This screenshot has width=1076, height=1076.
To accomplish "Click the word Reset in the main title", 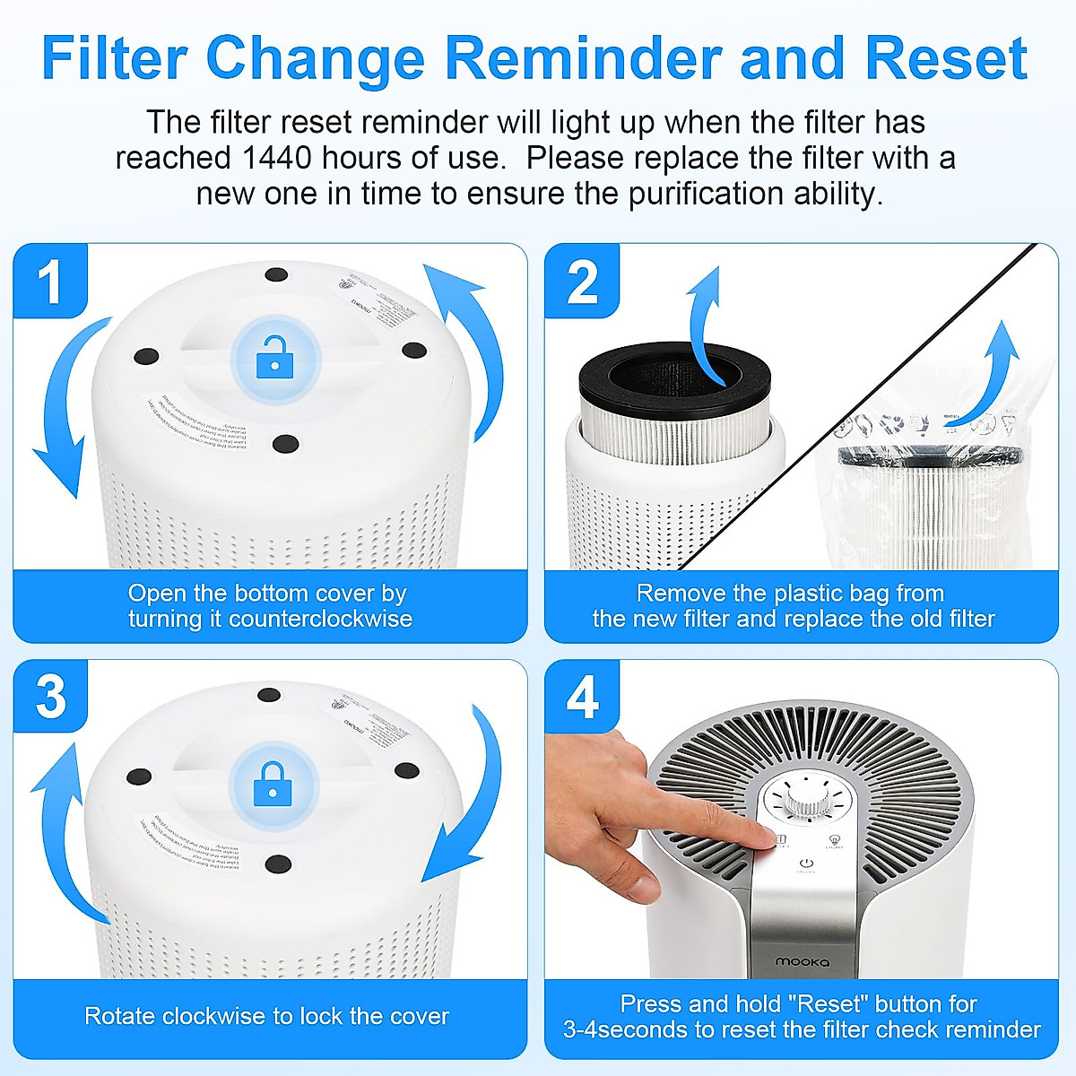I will pos(946,58).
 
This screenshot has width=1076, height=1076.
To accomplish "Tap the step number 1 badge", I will pos(50,281).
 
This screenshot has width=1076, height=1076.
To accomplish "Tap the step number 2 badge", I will pos(582,281).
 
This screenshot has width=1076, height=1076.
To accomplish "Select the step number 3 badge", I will pos(50,697).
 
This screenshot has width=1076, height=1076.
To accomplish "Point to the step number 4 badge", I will pos(582,697).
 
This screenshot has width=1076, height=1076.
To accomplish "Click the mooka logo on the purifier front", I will pos(803,961).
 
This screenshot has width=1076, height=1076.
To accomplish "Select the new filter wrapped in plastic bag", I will pos(928,502).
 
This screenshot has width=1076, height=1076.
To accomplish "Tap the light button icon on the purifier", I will pos(834,841).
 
